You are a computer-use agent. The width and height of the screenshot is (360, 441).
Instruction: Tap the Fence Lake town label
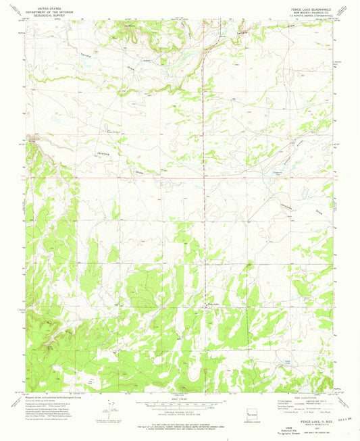[x=213, y=305]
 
